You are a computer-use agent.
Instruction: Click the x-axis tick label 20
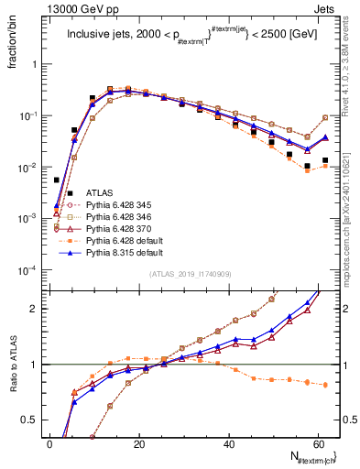coord(138,444)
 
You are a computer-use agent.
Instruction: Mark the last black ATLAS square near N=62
coord(325,160)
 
